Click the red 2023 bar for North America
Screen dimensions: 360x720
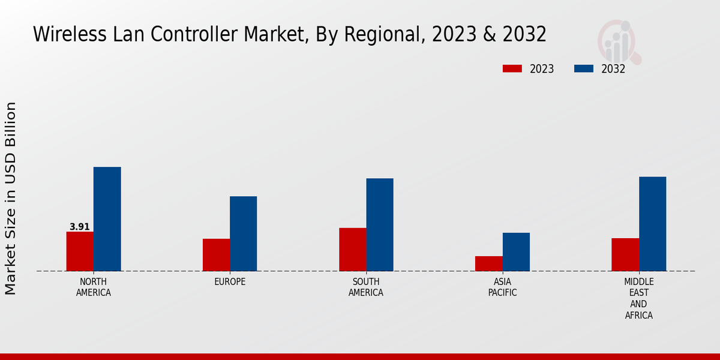pos(80,251)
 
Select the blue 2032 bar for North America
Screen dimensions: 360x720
pos(107,219)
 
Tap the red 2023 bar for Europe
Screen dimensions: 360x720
pos(216,255)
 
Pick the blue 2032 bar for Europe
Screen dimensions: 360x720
pos(243,233)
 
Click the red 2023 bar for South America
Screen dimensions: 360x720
pos(352,250)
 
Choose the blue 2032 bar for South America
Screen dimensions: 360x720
pos(380,224)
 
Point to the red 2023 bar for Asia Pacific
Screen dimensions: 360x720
pos(488,263)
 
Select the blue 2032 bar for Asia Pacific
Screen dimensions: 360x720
pos(516,252)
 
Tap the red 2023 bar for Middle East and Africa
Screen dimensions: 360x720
pos(625,254)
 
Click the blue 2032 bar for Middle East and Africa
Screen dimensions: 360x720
pos(652,224)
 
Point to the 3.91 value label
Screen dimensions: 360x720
pos(80,227)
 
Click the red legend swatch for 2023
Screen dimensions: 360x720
pos(512,69)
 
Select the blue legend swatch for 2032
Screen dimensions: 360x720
pos(583,69)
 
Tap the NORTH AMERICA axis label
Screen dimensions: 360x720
pos(94,287)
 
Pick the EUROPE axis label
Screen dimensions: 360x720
pos(230,282)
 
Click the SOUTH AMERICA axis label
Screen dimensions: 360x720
pos(366,287)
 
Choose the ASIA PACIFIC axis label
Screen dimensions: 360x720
pos(502,287)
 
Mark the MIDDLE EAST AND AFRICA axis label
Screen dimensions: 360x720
pos(639,299)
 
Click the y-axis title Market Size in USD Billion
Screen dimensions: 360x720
pos(11,198)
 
